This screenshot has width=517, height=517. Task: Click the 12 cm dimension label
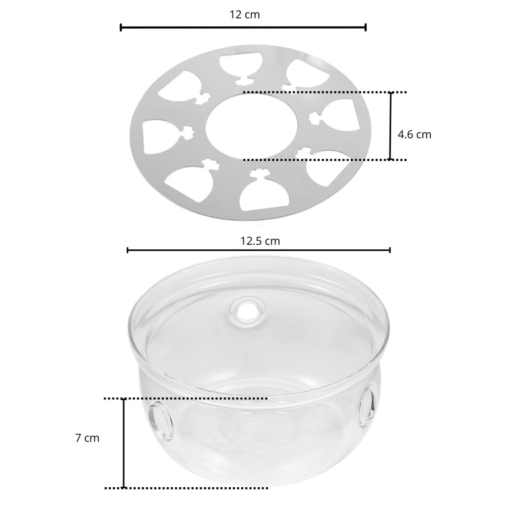(x=245, y=14)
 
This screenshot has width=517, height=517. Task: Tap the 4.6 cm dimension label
(x=414, y=134)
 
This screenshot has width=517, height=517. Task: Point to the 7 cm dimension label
(x=87, y=438)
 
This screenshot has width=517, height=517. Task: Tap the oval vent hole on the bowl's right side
(x=367, y=402)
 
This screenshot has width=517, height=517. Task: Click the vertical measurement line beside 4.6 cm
(x=390, y=126)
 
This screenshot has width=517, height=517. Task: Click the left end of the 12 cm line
(x=121, y=28)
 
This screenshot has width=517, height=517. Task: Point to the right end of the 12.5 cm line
(x=389, y=250)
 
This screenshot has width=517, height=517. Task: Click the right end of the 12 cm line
(x=365, y=28)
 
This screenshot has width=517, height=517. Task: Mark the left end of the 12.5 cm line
(x=128, y=250)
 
